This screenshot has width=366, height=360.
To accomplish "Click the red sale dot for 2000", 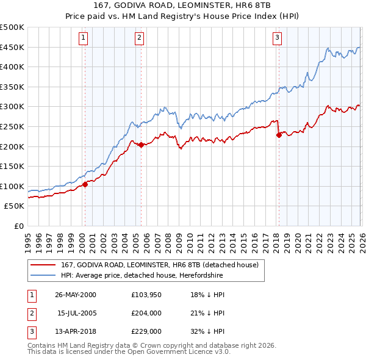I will tap(85, 185).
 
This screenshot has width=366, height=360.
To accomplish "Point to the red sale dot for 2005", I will tap(141, 145).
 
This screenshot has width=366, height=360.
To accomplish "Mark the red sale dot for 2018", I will tap(279, 135).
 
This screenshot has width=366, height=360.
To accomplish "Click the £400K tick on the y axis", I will tap(12, 67).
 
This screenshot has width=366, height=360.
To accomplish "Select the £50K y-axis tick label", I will tap(15, 206).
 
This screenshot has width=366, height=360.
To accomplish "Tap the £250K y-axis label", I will tap(12, 127).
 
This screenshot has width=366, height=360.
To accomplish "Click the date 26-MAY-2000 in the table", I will tap(75, 295).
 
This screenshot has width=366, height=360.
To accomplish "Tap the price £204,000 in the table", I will tap(146, 313).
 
